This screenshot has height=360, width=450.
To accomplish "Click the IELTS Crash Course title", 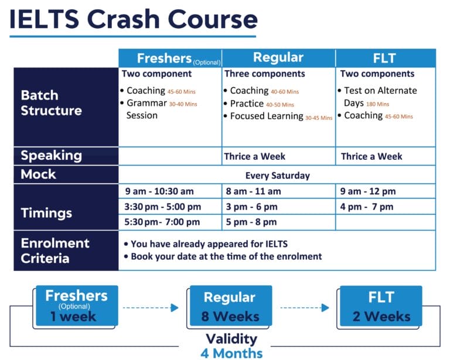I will click(134, 19).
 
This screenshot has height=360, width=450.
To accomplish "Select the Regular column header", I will click(278, 58).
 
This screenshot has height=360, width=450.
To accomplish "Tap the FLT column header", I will click(384, 58).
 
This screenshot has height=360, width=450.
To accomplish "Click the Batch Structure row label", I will click(52, 103).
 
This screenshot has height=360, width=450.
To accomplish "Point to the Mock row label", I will click(39, 174).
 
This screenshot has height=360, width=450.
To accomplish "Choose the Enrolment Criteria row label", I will click(55, 251).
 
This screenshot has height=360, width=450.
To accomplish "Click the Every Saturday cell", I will click(277, 175).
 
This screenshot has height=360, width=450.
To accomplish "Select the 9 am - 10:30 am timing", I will click(159, 191).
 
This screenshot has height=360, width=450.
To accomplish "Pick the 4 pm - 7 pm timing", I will click(367, 207).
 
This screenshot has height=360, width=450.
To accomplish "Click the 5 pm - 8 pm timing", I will click(250, 222).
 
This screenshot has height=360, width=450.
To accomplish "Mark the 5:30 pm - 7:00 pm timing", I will click(162, 222).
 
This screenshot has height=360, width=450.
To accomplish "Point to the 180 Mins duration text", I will click(378, 104).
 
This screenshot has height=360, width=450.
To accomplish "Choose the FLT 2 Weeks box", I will click(381, 306).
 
